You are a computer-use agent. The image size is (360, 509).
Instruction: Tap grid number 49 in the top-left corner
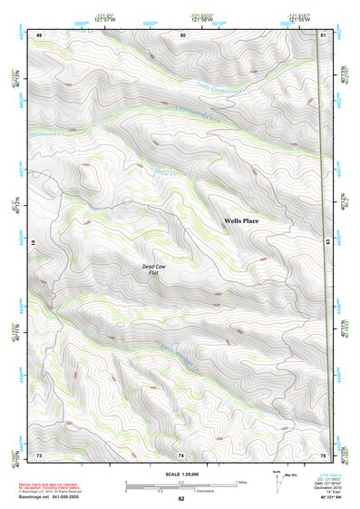(x=39, y=34)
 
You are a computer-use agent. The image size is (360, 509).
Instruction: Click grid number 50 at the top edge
(x=182, y=34)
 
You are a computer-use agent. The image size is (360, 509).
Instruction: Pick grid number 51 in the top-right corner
(x=323, y=34)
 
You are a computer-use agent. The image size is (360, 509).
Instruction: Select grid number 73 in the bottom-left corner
(x=39, y=454)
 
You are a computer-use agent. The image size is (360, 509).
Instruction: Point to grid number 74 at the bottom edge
(x=181, y=454)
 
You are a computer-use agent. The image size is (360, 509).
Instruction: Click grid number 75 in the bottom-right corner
(x=323, y=454)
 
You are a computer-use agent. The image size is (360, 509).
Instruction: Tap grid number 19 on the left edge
(x=34, y=245)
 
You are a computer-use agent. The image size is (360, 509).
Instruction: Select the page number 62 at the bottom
(x=180, y=498)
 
